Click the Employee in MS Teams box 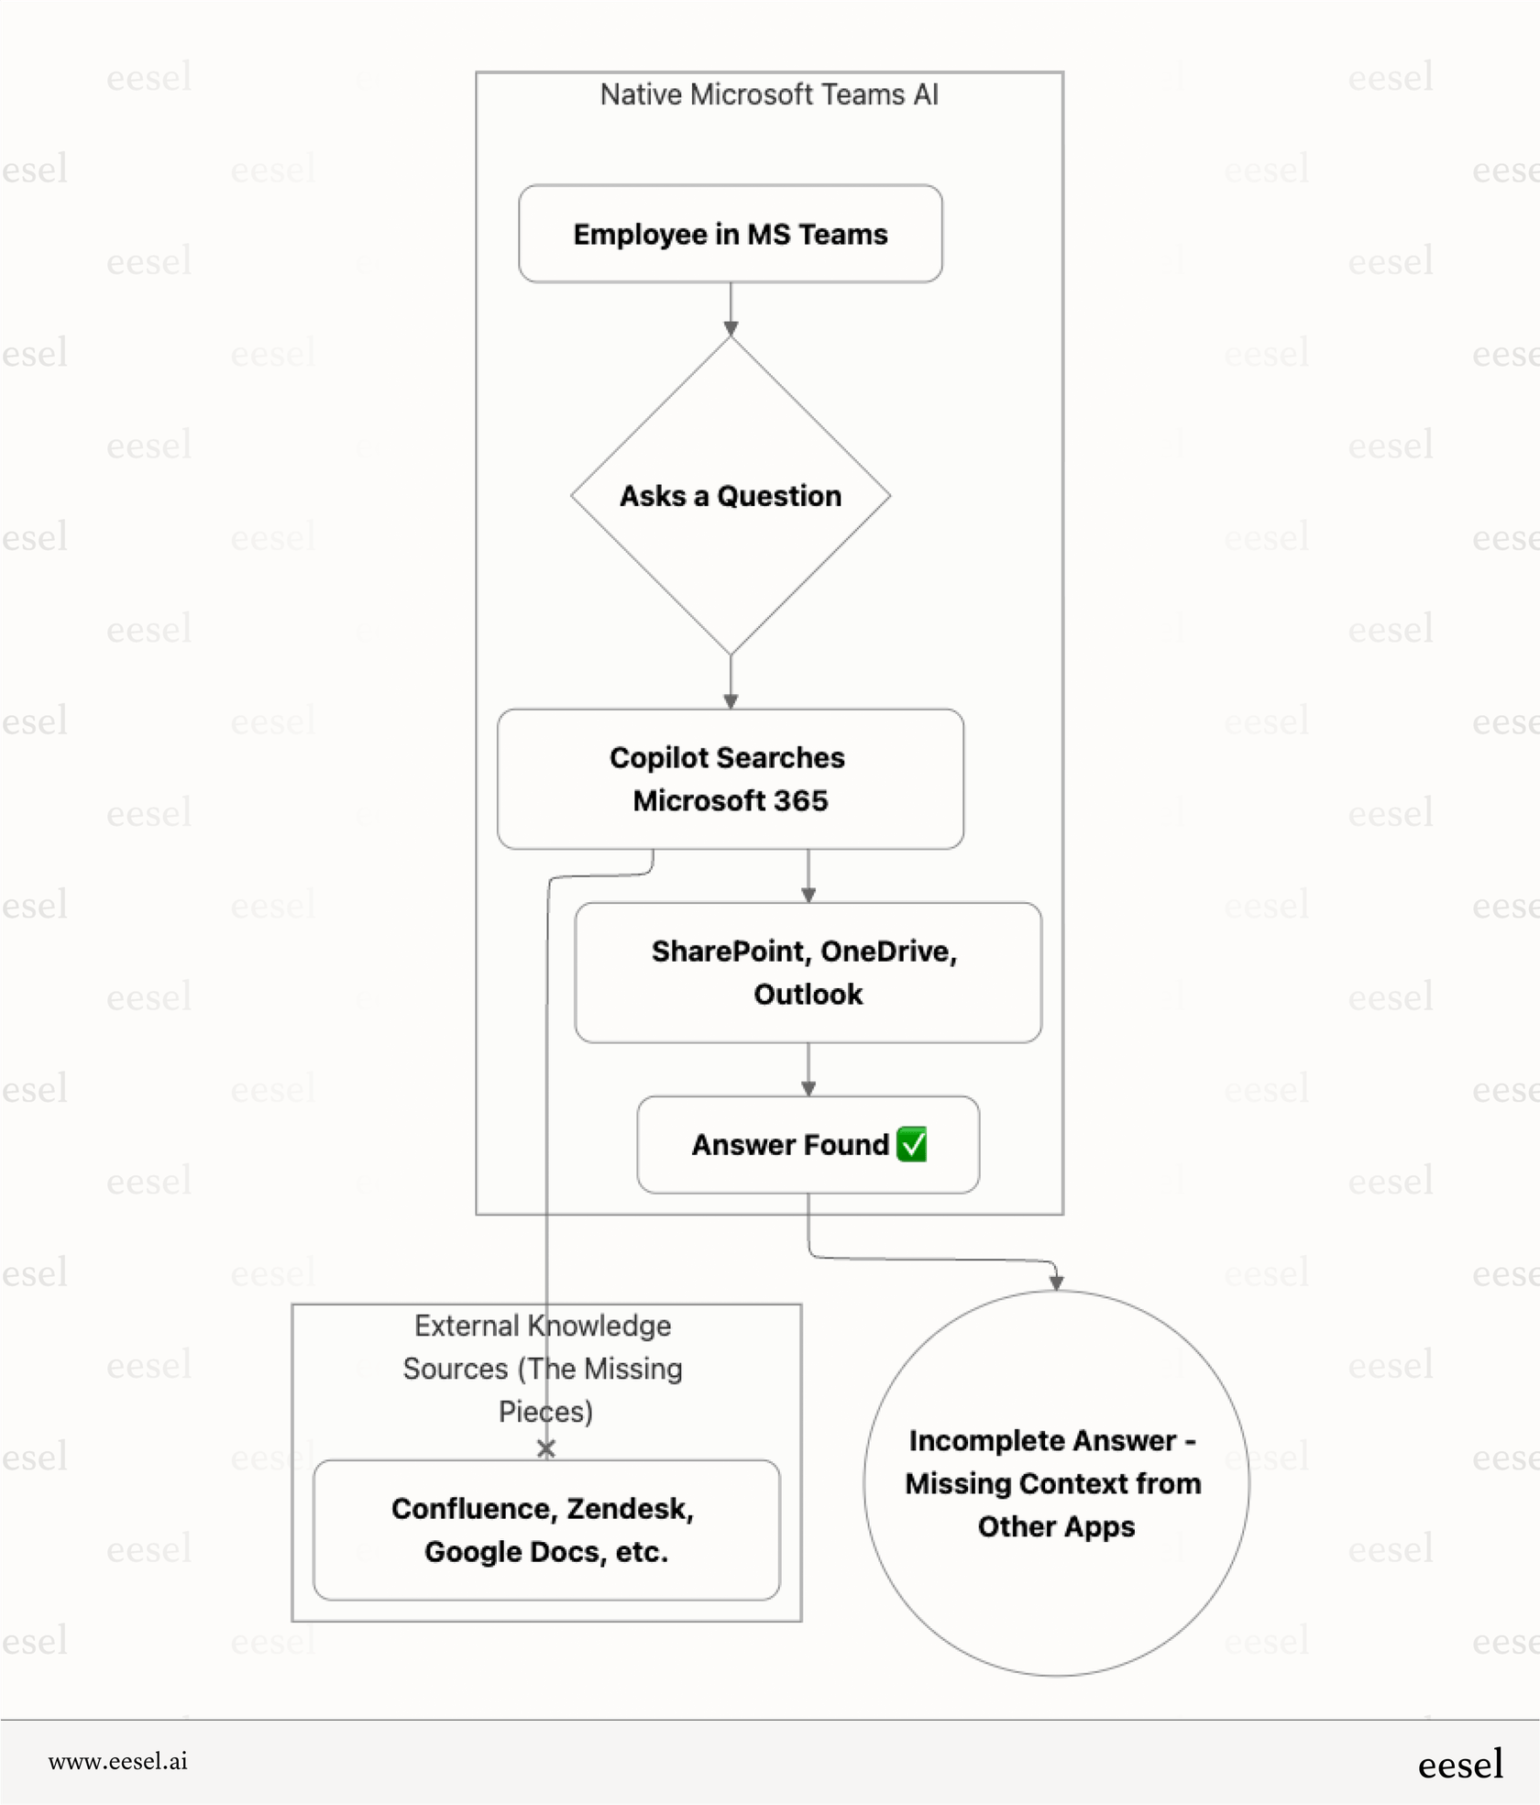tap(730, 234)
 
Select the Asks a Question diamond tap(730, 496)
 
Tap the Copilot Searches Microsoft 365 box tap(730, 778)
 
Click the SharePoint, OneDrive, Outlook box tap(808, 973)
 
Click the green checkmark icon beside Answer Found tap(912, 1144)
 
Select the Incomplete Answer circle tap(1055, 1482)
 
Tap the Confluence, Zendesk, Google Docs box tap(546, 1530)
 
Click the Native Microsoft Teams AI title tap(769, 94)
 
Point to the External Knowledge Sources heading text tap(543, 1368)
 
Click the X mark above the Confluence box tap(546, 1448)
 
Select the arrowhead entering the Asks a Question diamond tap(731, 329)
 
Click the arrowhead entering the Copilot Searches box tap(731, 701)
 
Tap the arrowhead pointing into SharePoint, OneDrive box tap(808, 896)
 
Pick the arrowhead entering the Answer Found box tap(808, 1088)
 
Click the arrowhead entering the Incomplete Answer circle tap(1056, 1282)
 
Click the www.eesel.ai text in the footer tap(118, 1760)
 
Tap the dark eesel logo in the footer tap(1459, 1764)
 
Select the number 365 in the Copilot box tap(800, 800)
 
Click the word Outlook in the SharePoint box tap(808, 995)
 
